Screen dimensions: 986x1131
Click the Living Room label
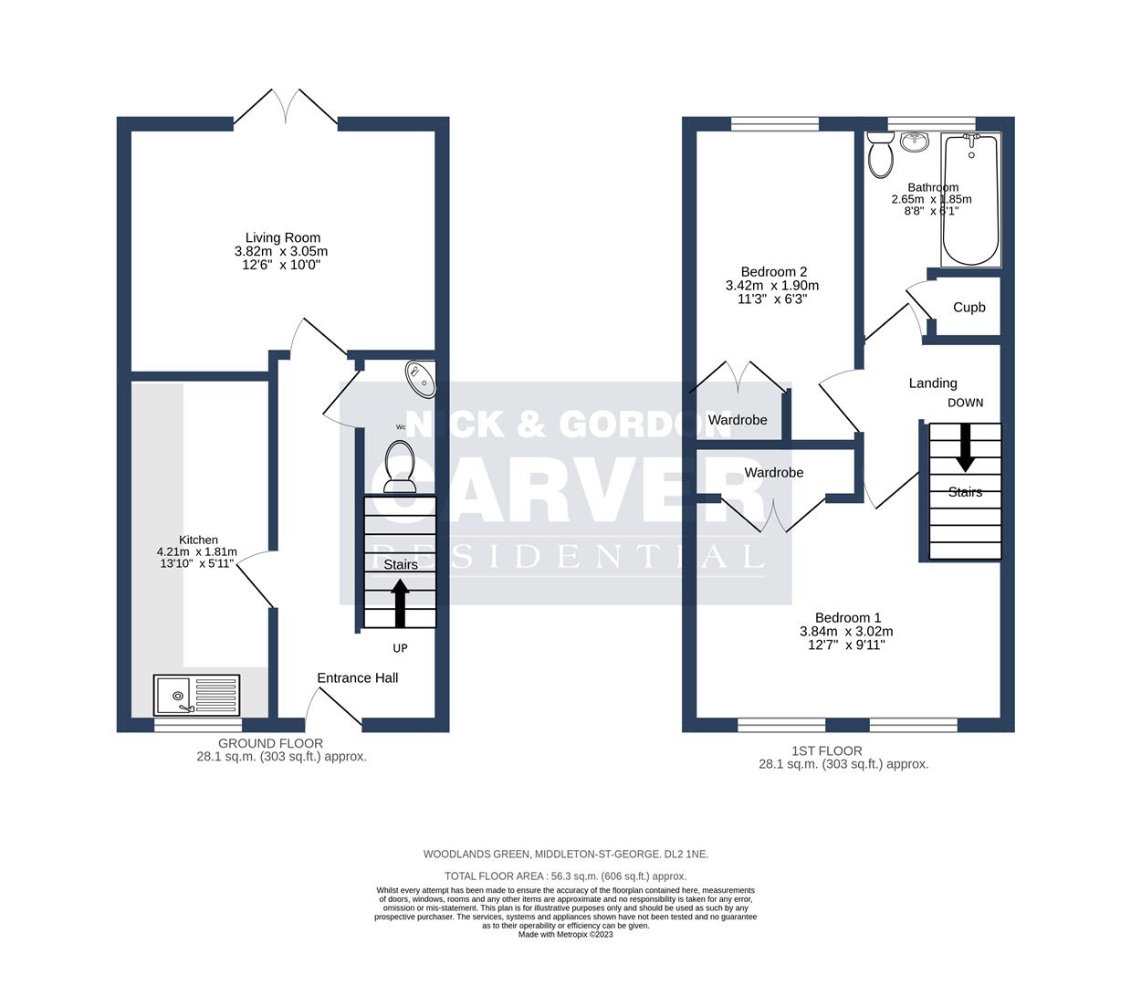tap(282, 237)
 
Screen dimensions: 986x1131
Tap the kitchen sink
tap(196, 696)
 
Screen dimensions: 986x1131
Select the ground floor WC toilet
tap(400, 464)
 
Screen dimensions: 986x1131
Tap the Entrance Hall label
tap(357, 677)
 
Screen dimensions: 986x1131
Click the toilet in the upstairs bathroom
tap(881, 154)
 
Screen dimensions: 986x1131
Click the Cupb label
tap(969, 307)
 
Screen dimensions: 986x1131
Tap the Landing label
tap(932, 383)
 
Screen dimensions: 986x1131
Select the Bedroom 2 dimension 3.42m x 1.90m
tap(772, 285)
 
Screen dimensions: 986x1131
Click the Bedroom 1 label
tap(847, 617)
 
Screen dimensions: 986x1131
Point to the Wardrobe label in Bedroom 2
tap(738, 420)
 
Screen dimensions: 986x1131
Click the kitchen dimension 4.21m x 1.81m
tap(196, 551)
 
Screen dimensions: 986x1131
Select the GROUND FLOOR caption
tap(270, 743)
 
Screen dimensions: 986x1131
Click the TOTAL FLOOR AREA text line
tap(565, 876)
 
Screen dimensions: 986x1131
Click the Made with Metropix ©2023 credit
tap(565, 934)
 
